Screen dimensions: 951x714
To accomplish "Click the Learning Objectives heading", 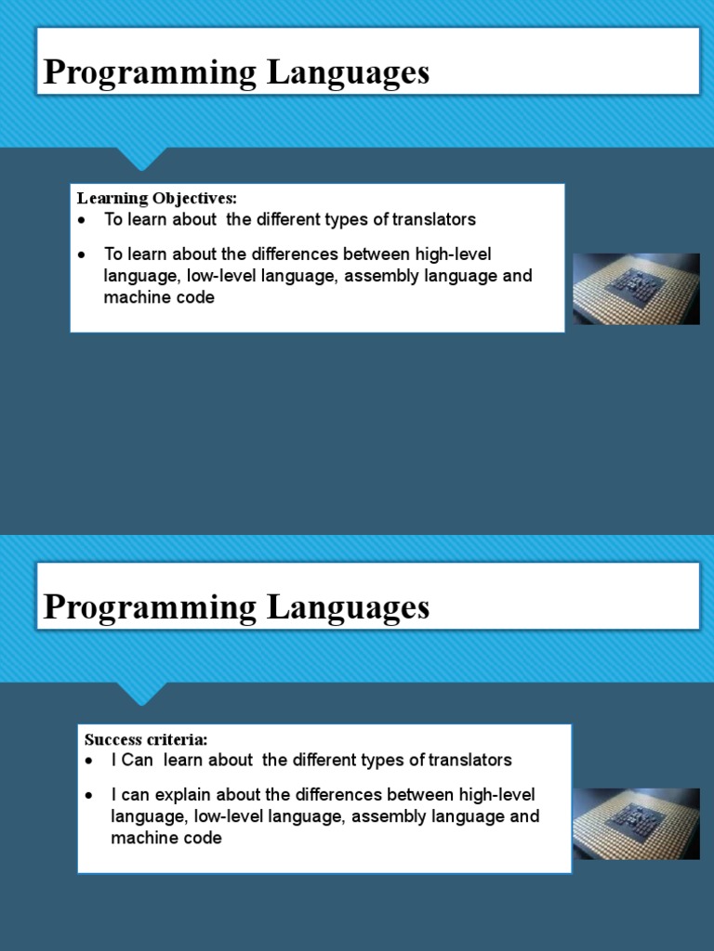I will pos(157,198).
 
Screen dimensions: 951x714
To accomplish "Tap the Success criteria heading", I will pos(146,739).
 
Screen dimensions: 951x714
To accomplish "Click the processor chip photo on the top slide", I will pos(636,289).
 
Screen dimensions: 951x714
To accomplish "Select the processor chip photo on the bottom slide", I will pos(636,824).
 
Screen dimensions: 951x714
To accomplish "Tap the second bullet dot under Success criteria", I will pos(89,796).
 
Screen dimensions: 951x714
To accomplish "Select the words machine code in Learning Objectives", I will pos(159,298).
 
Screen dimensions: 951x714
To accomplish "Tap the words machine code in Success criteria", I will pos(166,839).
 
